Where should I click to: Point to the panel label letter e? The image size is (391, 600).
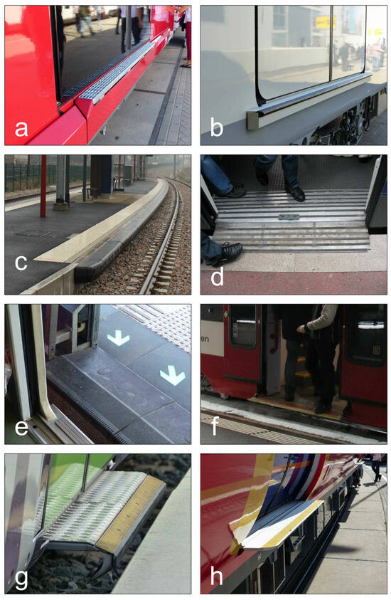21,426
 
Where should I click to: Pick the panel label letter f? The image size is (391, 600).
218,426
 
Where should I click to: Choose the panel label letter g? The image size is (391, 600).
21,577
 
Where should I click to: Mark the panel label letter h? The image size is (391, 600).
218,577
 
